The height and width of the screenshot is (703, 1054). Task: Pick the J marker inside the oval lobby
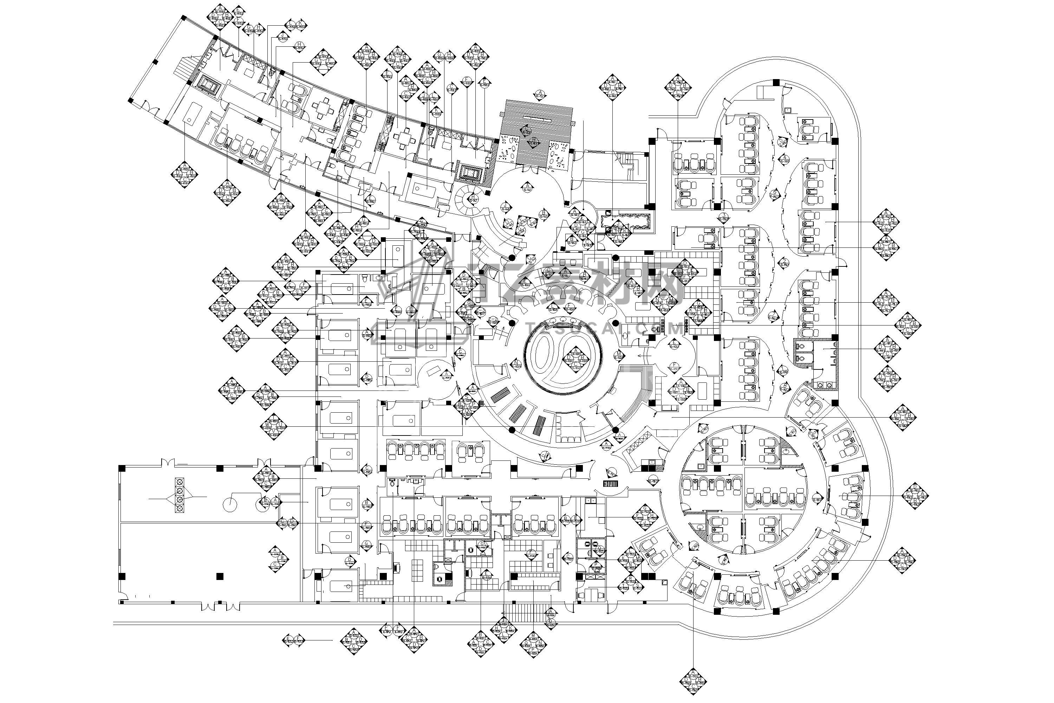pyautogui.click(x=506, y=207)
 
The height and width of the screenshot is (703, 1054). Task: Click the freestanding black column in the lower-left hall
pyautogui.click(x=219, y=576)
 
